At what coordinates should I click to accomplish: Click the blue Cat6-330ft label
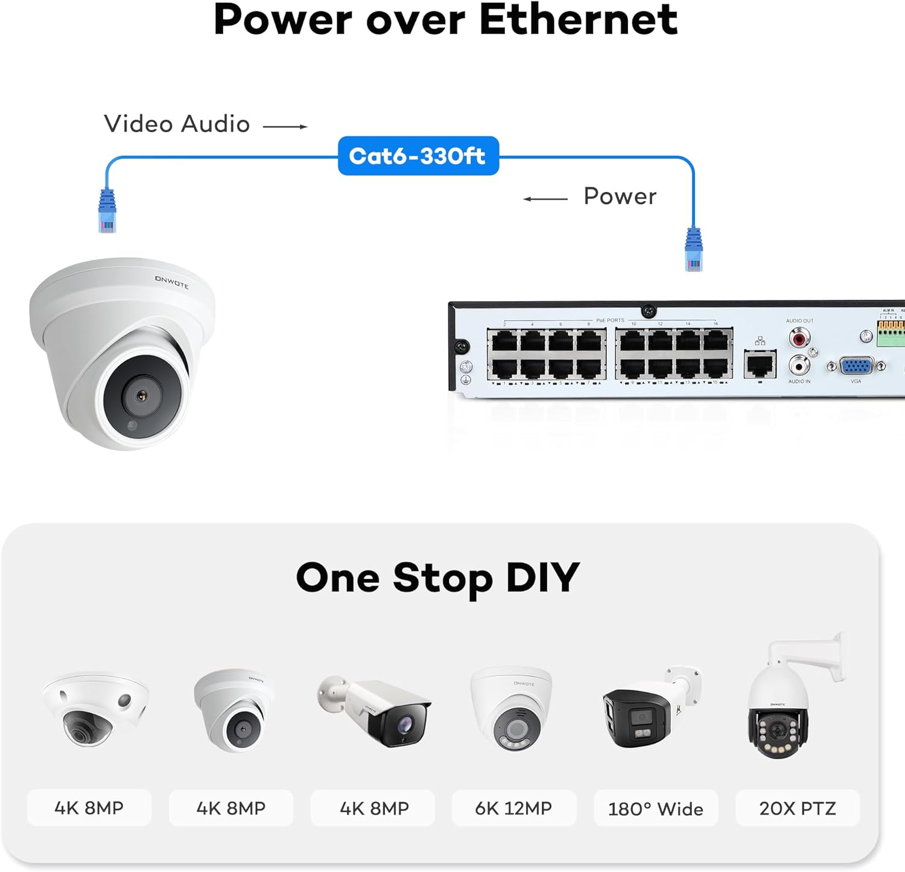(x=418, y=156)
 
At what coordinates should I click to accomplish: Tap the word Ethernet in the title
(x=578, y=19)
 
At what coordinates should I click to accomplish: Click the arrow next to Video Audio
(x=285, y=126)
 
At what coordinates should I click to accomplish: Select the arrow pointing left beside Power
(x=545, y=199)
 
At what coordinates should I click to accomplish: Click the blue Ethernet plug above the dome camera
(x=107, y=211)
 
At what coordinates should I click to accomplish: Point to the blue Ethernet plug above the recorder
(x=693, y=250)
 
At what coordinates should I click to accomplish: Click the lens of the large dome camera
(x=142, y=396)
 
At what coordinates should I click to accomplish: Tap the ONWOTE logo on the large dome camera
(x=172, y=282)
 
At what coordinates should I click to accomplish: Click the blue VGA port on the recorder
(x=856, y=366)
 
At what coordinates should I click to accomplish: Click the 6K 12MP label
(x=513, y=808)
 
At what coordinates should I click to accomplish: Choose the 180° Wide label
(x=656, y=808)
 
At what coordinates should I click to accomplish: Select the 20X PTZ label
(x=798, y=808)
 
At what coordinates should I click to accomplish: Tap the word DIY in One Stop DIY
(x=542, y=578)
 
